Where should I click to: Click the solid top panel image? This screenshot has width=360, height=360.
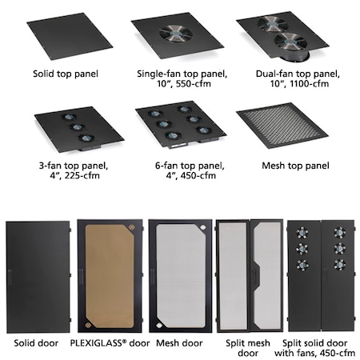pos(70,36)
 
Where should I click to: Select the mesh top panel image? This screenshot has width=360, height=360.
pos(282,125)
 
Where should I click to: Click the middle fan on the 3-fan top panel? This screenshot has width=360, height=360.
pos(78,127)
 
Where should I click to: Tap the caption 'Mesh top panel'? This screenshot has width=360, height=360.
pos(295,166)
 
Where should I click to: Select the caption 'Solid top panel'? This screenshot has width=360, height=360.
pos(66,74)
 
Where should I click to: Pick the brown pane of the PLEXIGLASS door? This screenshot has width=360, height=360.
pos(110,276)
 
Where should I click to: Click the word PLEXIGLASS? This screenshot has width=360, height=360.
pos(96,342)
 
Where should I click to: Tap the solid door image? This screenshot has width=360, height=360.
pos(38,277)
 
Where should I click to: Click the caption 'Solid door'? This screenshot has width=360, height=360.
pos(36,343)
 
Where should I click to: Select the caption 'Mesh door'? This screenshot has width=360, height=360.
pos(179,343)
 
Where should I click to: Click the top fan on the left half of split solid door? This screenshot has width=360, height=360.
pos(302,233)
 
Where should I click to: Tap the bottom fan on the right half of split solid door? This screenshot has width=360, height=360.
pos(340,265)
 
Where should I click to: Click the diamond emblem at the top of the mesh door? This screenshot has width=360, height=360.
pos(203,228)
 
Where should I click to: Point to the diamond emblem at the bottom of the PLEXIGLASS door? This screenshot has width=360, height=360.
pos(88,325)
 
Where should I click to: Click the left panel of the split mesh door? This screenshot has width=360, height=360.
pos(233,276)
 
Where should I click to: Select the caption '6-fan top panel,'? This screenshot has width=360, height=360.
pos(190,166)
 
